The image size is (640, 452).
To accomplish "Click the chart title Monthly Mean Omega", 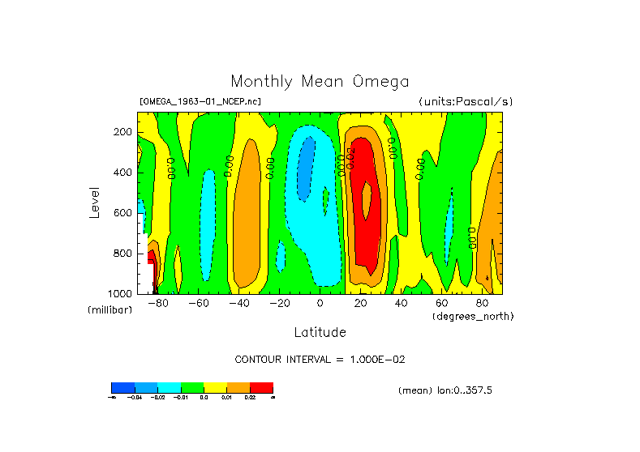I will (x=320, y=82).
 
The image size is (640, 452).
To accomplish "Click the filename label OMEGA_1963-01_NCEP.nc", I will (x=200, y=102).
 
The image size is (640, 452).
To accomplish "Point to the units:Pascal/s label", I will (x=466, y=102).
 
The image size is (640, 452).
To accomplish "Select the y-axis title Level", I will (x=94, y=202).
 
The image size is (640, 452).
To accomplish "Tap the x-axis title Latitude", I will (x=320, y=332).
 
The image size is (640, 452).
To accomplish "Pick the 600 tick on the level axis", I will (x=124, y=213).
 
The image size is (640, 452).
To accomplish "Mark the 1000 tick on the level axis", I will (x=122, y=293).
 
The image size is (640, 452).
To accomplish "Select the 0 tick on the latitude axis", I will (x=320, y=303).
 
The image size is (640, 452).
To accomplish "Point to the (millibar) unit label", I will (x=110, y=310).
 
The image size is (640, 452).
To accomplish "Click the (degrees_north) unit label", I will (x=473, y=315).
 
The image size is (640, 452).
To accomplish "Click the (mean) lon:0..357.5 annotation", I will (x=445, y=390).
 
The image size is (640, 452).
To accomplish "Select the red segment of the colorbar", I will (x=261, y=388).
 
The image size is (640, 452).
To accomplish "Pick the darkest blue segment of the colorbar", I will (x=122, y=388).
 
